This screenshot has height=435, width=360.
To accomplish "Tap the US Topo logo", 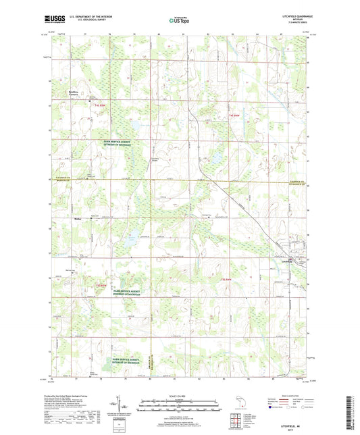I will tap(180, 20).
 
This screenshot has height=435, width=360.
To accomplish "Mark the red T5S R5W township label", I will tap(101, 286).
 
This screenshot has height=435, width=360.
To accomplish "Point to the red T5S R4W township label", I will tap(224, 278).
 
